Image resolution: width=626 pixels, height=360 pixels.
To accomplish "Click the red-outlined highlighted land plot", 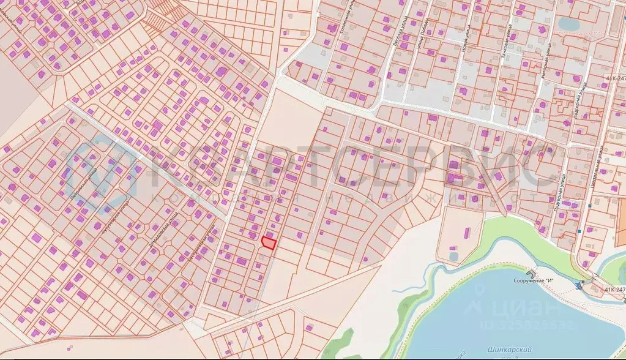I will coord(268,242).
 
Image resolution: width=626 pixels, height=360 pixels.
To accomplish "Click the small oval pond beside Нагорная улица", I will coord(569,23).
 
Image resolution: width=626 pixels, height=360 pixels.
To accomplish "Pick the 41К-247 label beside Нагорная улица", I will coord(616,78).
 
